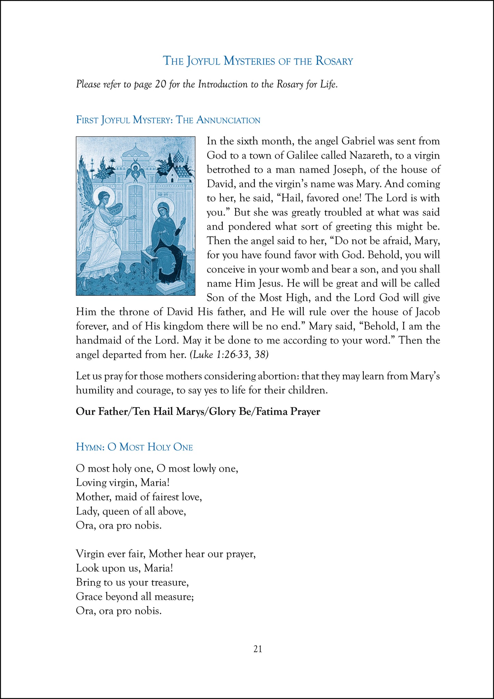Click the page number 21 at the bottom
(x=258, y=649)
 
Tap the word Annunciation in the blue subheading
(x=228, y=120)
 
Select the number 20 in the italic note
(x=160, y=84)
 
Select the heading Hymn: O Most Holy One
(x=134, y=447)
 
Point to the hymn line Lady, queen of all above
(x=131, y=511)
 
